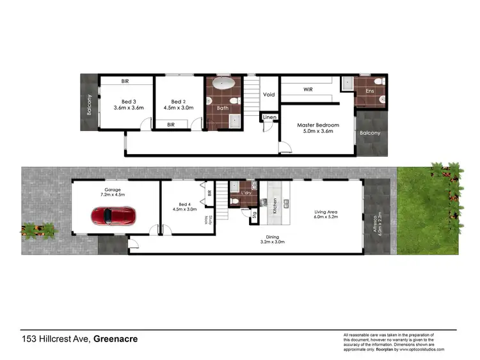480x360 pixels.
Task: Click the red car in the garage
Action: [x=113, y=216]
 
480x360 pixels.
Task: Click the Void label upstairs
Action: [x=269, y=95]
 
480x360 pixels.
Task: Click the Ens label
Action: [x=369, y=91]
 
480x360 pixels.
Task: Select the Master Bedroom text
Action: [x=318, y=125]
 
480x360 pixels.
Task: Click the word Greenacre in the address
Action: [x=116, y=340]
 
